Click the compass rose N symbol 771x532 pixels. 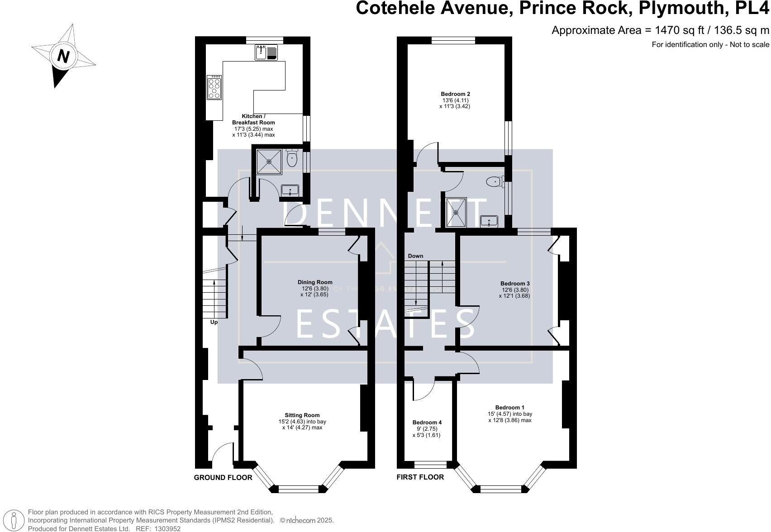(63, 57)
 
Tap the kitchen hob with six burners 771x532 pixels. (214, 87)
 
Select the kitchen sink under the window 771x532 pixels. (266, 53)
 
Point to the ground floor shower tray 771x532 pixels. (269, 161)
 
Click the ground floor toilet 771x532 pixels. (292, 158)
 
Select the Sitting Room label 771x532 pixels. (302, 415)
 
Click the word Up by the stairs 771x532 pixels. (214, 322)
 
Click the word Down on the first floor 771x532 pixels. (415, 256)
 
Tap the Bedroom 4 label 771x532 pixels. (427, 423)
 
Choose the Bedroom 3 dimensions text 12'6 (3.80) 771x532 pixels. (515, 290)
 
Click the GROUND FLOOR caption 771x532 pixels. (223, 478)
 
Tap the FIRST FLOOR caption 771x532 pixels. (420, 477)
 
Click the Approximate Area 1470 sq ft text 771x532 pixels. (660, 30)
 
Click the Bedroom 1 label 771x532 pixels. (509, 407)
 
